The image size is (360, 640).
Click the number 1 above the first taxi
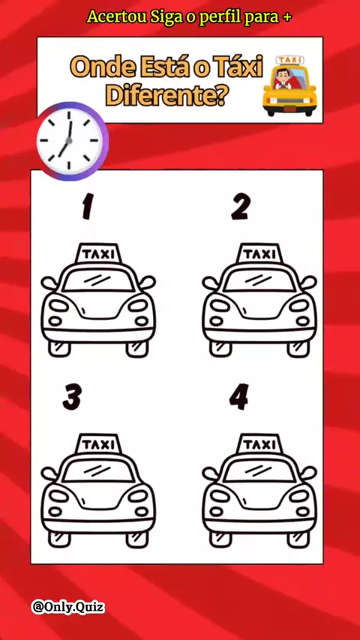click(86, 207)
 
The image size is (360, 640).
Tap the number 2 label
click(240, 207)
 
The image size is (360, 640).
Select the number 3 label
click(72, 396)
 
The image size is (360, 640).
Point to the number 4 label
click(238, 396)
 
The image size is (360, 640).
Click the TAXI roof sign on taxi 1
click(98, 253)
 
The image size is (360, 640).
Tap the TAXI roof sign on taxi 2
click(259, 253)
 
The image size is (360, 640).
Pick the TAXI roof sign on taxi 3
click(98, 444)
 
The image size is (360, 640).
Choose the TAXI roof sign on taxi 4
click(259, 444)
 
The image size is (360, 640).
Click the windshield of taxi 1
click(98, 280)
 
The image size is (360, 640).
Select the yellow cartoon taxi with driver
click(289, 85)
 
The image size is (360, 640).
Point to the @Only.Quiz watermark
click(68, 607)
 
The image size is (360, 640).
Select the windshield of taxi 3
click(98, 470)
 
